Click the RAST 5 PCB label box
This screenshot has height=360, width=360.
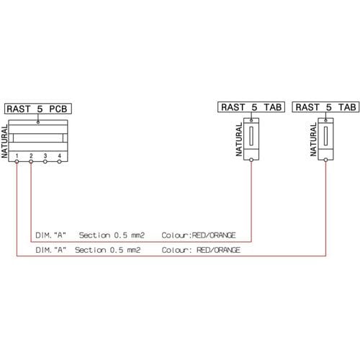(x=38, y=109)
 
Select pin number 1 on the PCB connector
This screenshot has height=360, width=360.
(x=17, y=156)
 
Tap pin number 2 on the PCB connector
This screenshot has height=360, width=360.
(x=31, y=156)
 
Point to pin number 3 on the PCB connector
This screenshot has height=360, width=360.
(x=45, y=156)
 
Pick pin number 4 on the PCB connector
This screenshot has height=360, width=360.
(x=59, y=156)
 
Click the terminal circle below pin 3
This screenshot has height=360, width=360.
(x=45, y=162)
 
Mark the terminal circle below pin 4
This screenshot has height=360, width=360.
(x=59, y=162)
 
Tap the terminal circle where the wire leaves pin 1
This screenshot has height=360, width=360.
(x=17, y=162)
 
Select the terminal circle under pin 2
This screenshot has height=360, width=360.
(x=31, y=162)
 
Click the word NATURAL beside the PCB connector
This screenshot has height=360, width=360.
(x=4, y=142)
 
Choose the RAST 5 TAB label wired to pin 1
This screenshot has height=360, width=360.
(x=325, y=107)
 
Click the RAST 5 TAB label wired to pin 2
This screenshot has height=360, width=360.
(x=251, y=107)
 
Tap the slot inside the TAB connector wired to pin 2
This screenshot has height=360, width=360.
(x=251, y=136)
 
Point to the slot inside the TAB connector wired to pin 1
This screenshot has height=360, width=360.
(x=325, y=136)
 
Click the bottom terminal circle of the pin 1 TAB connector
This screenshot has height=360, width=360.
(x=325, y=160)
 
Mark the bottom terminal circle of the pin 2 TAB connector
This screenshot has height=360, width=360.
(x=251, y=160)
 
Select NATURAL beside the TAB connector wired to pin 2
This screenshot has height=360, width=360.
(x=239, y=140)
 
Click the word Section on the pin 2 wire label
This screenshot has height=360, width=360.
(x=94, y=235)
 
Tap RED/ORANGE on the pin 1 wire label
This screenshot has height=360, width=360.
(x=218, y=250)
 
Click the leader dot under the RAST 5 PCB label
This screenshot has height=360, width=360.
(x=38, y=122)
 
